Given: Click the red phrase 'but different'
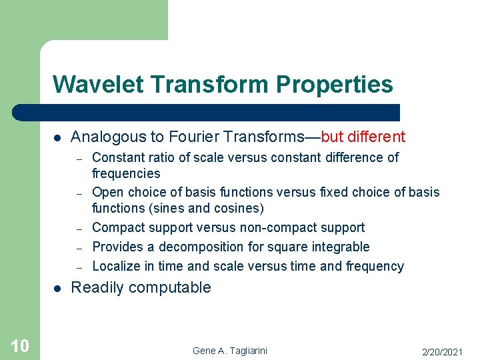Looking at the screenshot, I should [363, 137].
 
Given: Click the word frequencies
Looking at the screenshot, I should [126, 174].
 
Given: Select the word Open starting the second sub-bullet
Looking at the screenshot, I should [107, 192].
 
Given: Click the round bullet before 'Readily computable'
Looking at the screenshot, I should [57, 289].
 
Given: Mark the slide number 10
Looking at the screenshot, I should [19, 345].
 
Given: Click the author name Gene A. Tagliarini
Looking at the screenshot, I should [229, 351].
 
